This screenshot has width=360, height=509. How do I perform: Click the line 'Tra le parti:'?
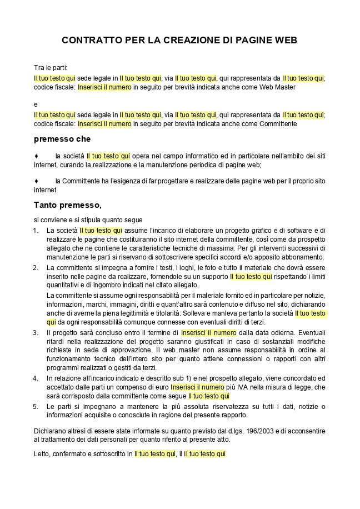click(x=51, y=67)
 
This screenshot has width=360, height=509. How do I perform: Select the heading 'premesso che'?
click(x=62, y=139)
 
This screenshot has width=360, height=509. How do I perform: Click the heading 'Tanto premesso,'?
click(x=67, y=205)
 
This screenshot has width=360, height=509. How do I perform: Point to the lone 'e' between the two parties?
click(x=36, y=104)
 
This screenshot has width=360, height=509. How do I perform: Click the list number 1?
click(x=36, y=231)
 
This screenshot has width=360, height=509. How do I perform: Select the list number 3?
click(x=36, y=333)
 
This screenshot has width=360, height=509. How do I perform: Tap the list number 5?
click(x=36, y=407)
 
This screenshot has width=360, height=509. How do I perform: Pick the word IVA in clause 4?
click(x=242, y=387)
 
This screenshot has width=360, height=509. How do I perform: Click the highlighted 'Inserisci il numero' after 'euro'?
click(x=197, y=387)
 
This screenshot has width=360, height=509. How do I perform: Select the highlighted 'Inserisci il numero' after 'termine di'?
click(x=208, y=333)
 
